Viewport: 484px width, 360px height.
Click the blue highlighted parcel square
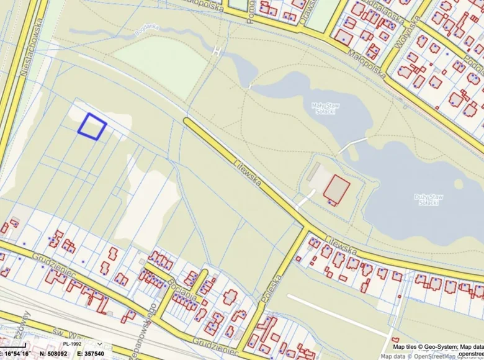click(x=92, y=127)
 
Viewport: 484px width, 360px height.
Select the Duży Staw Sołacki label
click(x=428, y=199)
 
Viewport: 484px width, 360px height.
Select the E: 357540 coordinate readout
click(x=90, y=354)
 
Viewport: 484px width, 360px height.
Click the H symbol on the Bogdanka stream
click(x=217, y=50)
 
